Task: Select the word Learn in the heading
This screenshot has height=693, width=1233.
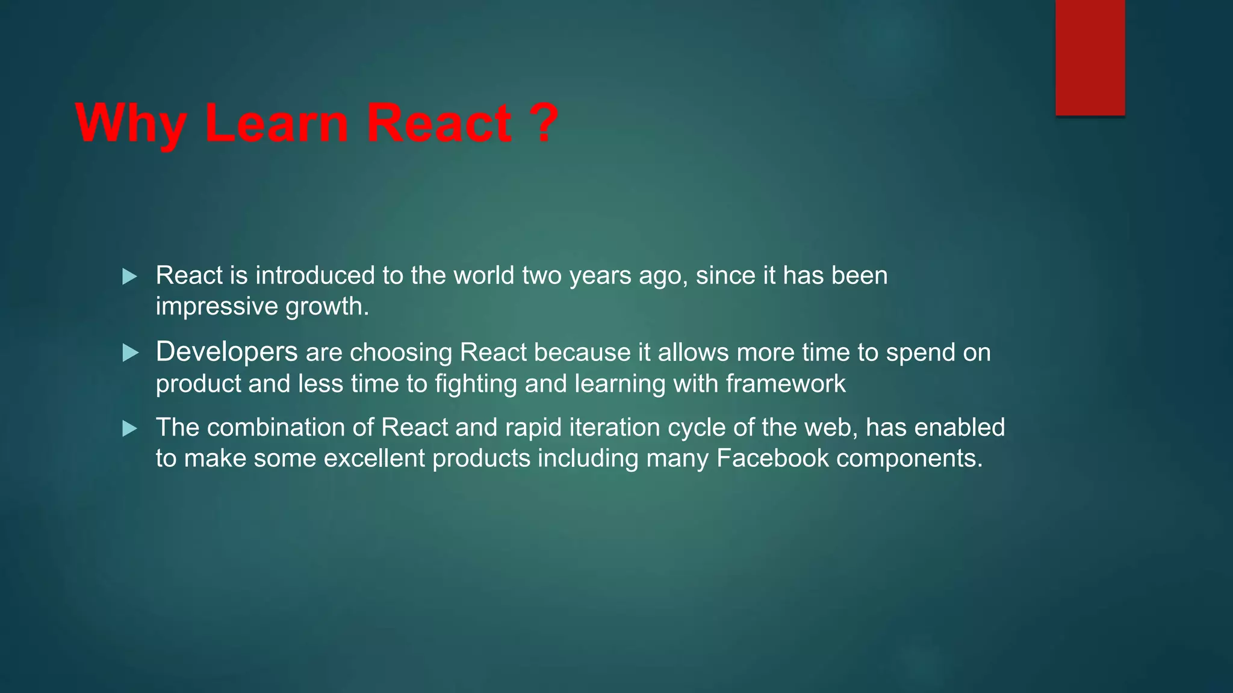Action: [276, 123]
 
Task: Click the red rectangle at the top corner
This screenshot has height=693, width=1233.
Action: [1090, 57]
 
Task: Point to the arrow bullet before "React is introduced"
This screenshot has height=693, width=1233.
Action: [129, 277]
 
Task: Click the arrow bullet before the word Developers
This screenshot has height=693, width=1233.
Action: [129, 353]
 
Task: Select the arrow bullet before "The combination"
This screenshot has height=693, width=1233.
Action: [129, 429]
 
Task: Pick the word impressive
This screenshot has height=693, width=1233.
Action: [217, 307]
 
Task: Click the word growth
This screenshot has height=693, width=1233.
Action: [326, 307]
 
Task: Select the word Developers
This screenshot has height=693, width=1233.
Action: [226, 353]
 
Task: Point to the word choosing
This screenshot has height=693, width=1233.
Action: [400, 353]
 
